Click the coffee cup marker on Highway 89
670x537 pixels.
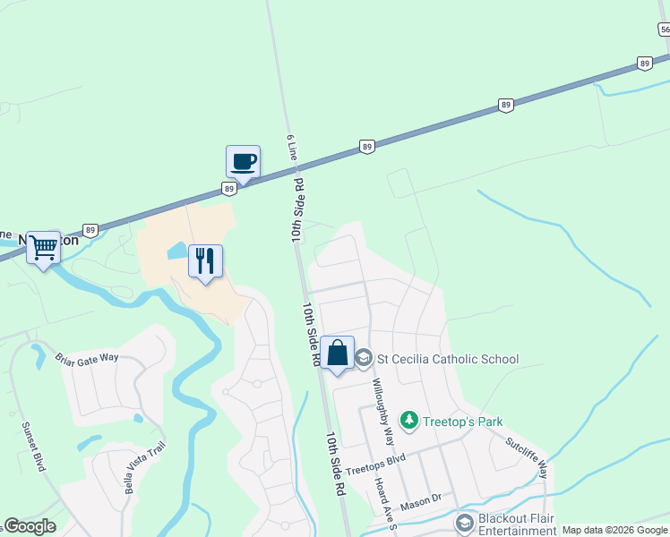pyautogui.click(x=243, y=162)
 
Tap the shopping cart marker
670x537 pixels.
pyautogui.click(x=43, y=247)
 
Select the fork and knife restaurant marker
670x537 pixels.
pyautogui.click(x=205, y=261)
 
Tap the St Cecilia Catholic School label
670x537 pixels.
pyautogui.click(x=447, y=360)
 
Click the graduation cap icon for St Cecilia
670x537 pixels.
pyautogui.click(x=364, y=360)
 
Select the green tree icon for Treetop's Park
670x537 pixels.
pyautogui.click(x=409, y=421)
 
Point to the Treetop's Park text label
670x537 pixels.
pyautogui.click(x=463, y=422)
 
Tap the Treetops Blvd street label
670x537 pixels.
pyautogui.click(x=375, y=464)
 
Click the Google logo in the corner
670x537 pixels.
pyautogui.click(x=30, y=526)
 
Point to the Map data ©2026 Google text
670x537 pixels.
pyautogui.click(x=614, y=531)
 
